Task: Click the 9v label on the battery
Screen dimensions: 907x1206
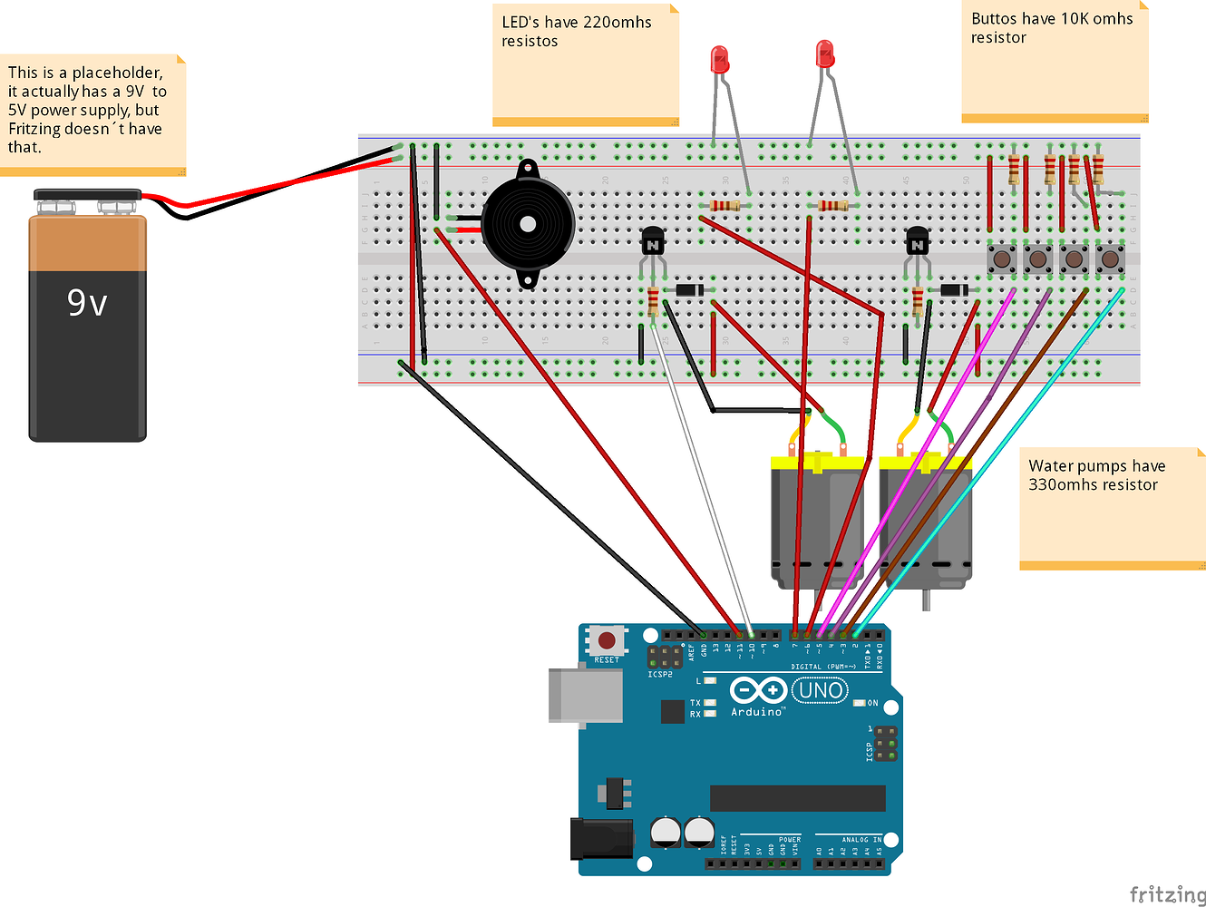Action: pyautogui.click(x=87, y=302)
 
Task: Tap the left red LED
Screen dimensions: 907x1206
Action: pyautogui.click(x=719, y=61)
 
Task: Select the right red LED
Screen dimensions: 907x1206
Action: pyautogui.click(x=824, y=54)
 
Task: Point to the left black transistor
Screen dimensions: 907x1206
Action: pyautogui.click(x=653, y=242)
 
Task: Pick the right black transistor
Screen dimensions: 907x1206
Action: pyautogui.click(x=917, y=242)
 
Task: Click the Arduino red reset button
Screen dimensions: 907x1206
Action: pyautogui.click(x=606, y=640)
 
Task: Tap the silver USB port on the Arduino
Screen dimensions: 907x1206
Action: pyautogui.click(x=585, y=696)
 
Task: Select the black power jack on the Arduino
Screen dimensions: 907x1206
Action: pyautogui.click(x=588, y=838)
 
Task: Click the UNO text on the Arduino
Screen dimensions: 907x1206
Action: pyautogui.click(x=821, y=691)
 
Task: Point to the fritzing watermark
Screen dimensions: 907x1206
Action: pyautogui.click(x=1167, y=894)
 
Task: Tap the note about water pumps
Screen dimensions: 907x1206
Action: pyautogui.click(x=1112, y=508)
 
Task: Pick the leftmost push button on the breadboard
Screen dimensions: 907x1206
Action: pyautogui.click(x=1001, y=259)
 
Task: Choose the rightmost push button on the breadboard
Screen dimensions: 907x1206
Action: pyautogui.click(x=1110, y=259)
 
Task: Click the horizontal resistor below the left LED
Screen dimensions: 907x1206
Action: pyautogui.click(x=725, y=206)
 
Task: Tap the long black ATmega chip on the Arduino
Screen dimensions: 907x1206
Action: pyautogui.click(x=797, y=798)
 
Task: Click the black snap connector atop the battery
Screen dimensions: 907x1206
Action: pyautogui.click(x=87, y=195)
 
